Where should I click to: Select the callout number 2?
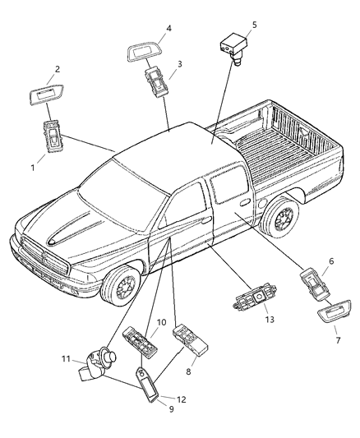(x=58, y=70)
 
